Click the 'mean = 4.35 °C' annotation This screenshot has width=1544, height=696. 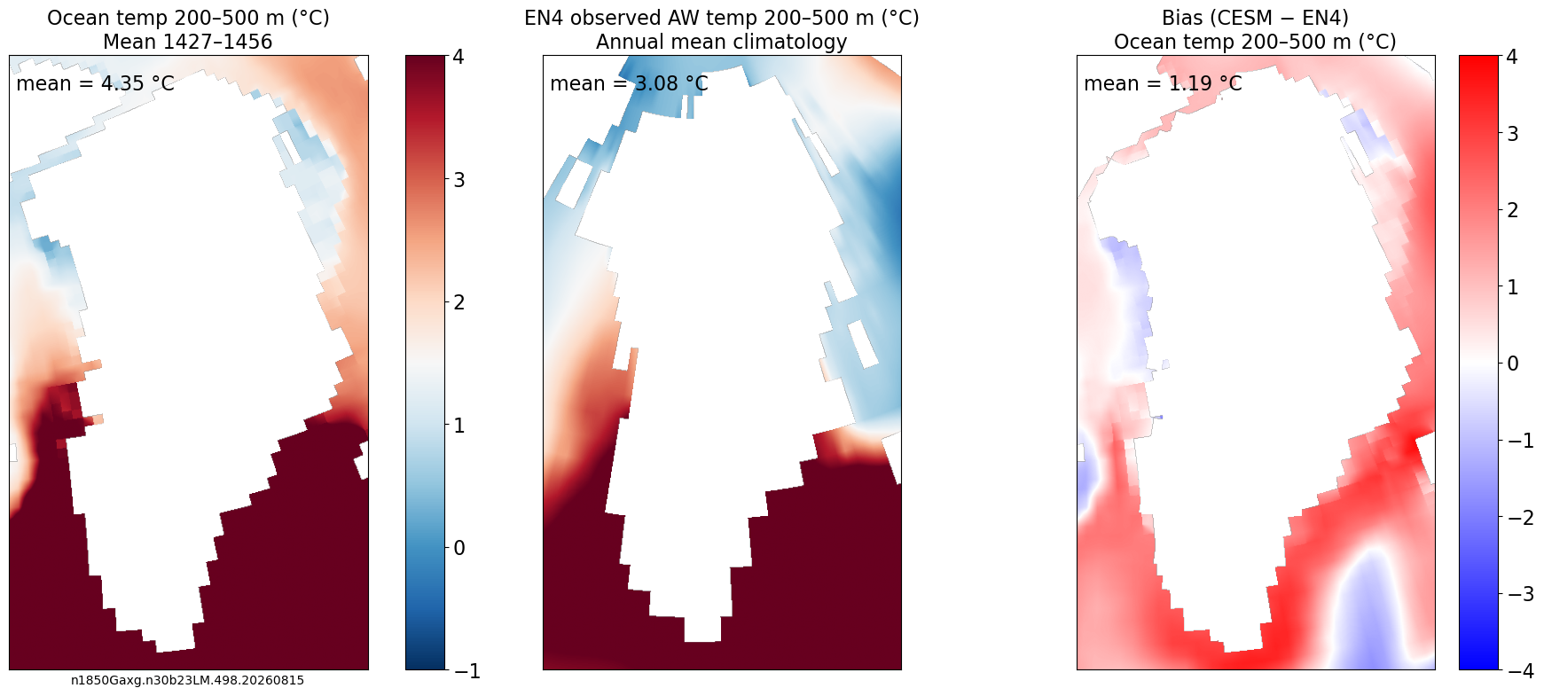pyautogui.click(x=95, y=83)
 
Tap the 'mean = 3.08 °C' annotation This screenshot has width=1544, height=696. pyautogui.click(x=629, y=83)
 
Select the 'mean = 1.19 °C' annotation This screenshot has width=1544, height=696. pyautogui.click(x=1163, y=83)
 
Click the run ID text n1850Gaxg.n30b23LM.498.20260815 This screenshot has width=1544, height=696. pyautogui.click(x=187, y=681)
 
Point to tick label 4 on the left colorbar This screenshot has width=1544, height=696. pyautogui.click(x=458, y=57)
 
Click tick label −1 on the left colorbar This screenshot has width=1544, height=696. pyautogui.click(x=467, y=671)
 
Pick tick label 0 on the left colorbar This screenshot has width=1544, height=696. pyautogui.click(x=458, y=548)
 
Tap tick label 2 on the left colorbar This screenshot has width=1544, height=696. pyautogui.click(x=458, y=302)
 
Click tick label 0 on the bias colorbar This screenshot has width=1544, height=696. pyautogui.click(x=1512, y=364)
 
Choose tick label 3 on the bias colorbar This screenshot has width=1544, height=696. pyautogui.click(x=1512, y=134)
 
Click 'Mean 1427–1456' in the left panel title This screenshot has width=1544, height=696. pyautogui.click(x=188, y=42)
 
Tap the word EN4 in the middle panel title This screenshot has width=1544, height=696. pyautogui.click(x=545, y=19)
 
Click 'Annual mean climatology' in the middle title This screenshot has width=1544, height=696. pyautogui.click(x=722, y=42)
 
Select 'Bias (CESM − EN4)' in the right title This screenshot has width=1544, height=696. pyautogui.click(x=1255, y=19)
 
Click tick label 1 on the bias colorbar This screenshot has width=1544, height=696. pyautogui.click(x=1512, y=287)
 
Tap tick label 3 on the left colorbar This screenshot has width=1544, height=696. pyautogui.click(x=458, y=180)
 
